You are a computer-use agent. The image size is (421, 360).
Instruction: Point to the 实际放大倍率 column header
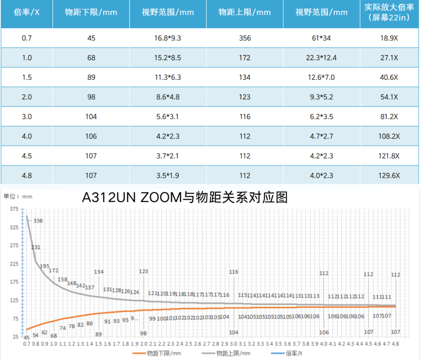[390, 13]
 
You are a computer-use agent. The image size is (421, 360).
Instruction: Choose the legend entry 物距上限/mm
[234, 353]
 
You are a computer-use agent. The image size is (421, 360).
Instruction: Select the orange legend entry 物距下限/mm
[155, 353]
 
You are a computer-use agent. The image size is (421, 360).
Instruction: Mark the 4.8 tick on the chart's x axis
[395, 344]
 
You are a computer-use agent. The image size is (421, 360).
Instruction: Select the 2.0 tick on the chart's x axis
[143, 344]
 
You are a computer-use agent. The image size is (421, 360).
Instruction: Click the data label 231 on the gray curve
[36, 247]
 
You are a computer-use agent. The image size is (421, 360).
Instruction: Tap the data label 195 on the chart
[45, 267]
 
